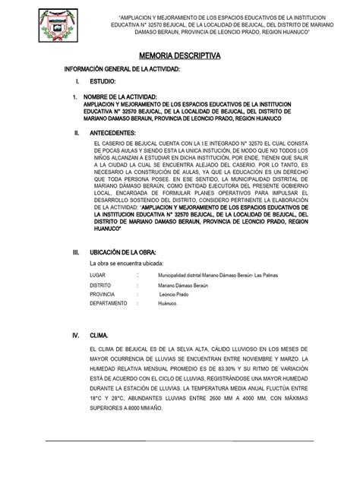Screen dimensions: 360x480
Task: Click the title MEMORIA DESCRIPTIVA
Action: pyautogui.click(x=179, y=56)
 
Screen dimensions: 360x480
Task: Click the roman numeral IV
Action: pyautogui.click(x=75, y=333)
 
